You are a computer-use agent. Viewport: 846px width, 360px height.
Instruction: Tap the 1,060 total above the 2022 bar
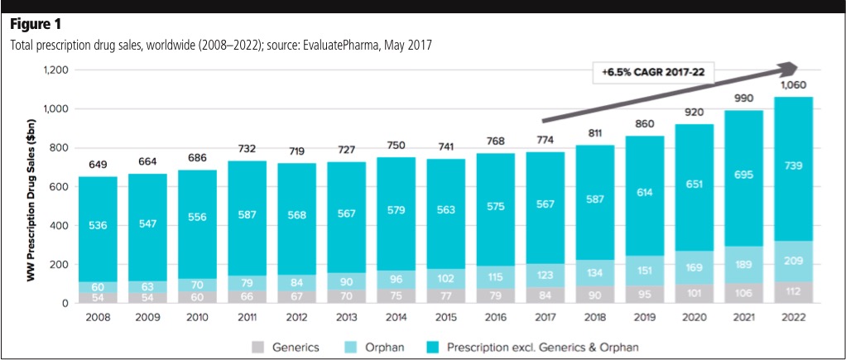coord(793,84)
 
